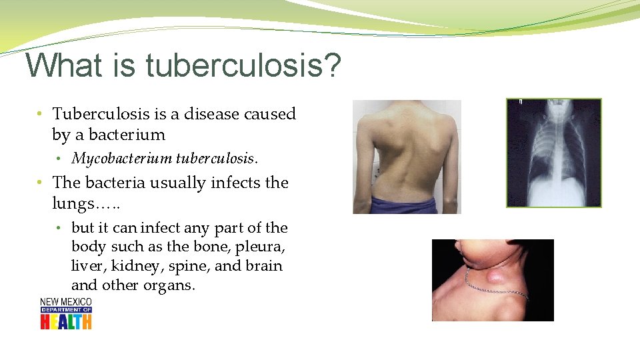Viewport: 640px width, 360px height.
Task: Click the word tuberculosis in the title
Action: pyautogui.click(x=233, y=67)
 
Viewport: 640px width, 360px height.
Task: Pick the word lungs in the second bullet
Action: pyautogui.click(x=72, y=203)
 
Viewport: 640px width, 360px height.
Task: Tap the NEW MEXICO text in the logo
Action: pyautogui.click(x=66, y=302)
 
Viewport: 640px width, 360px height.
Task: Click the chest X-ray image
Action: pyautogui.click(x=553, y=153)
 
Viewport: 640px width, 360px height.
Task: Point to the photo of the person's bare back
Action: pyautogui.click(x=407, y=157)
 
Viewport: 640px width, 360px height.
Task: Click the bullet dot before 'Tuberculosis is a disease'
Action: pyautogui.click(x=41, y=115)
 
